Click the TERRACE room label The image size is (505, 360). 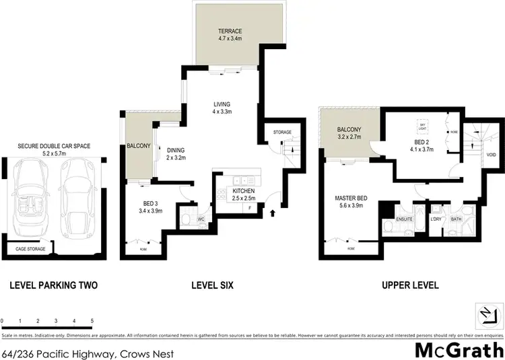230,31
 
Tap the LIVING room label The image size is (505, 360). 222,104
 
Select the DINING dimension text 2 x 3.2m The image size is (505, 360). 176,158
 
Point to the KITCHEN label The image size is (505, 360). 225,190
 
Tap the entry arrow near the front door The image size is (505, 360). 273,213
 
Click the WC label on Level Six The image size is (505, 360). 201,219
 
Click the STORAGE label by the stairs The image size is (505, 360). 282,133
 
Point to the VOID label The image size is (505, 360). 491,155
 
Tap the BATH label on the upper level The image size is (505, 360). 457,219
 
